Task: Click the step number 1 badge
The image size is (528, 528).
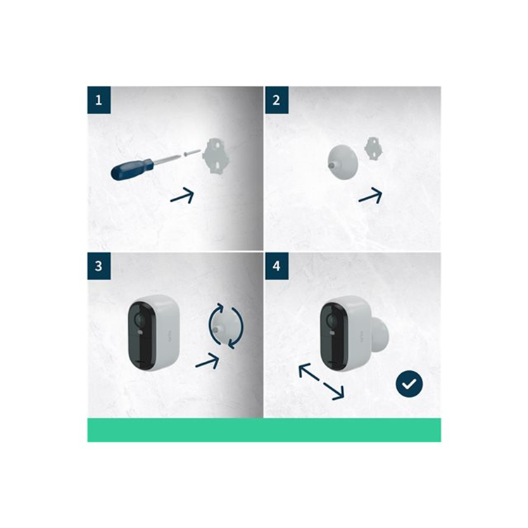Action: point(99,100)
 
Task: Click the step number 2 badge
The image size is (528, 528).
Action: point(276,100)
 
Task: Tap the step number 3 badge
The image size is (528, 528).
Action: point(99,266)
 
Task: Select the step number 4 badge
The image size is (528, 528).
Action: point(276,266)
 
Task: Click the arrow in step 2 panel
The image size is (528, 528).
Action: point(370,196)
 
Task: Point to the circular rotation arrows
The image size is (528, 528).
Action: point(226,325)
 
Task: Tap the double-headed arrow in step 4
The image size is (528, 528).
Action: point(321,381)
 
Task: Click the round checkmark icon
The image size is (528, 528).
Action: point(409,384)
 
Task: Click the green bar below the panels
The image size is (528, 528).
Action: point(264,429)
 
